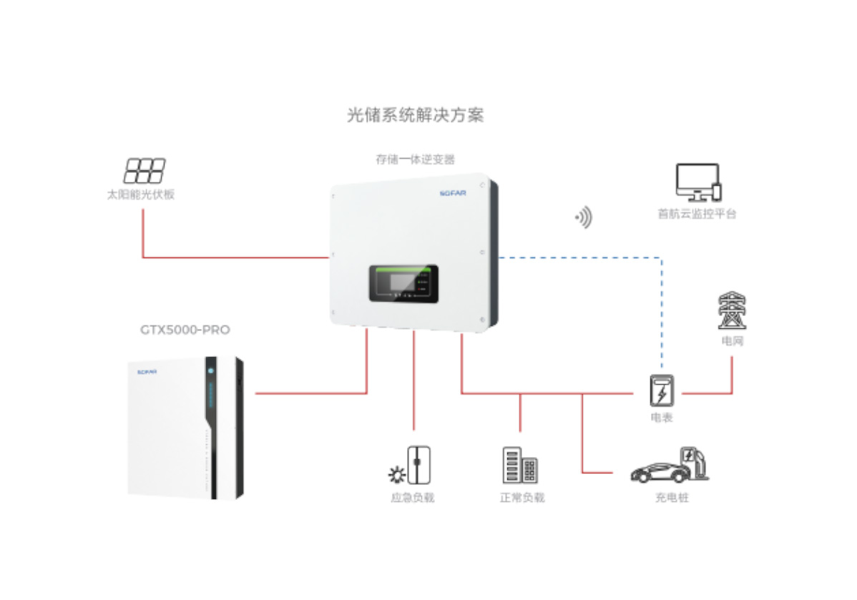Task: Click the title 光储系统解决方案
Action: click(x=415, y=115)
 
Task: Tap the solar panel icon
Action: click(x=145, y=171)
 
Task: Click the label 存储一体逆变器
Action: click(x=415, y=159)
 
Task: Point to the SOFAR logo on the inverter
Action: click(x=451, y=192)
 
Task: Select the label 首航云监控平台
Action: click(x=697, y=213)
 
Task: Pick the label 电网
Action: click(x=732, y=341)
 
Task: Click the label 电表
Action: click(x=661, y=418)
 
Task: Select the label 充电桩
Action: click(x=672, y=497)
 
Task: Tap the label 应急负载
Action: click(x=413, y=497)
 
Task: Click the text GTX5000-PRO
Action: click(x=185, y=330)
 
